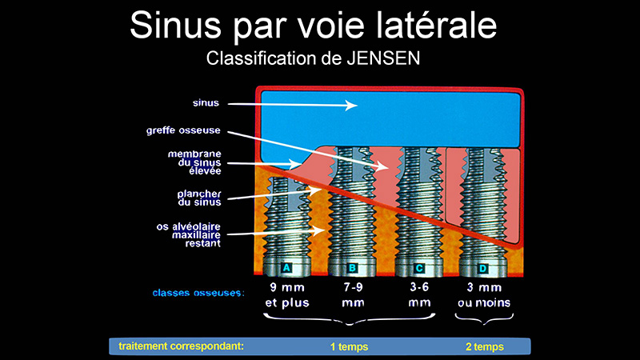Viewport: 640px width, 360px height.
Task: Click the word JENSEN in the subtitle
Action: tap(383, 58)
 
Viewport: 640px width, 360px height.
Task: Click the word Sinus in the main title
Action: tap(175, 26)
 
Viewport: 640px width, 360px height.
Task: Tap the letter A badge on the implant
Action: tap(286, 268)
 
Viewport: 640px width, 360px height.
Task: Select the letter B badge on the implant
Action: tap(352, 268)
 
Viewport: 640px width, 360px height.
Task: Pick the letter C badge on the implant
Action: tap(418, 268)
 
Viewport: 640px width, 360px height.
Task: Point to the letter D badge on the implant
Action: tap(483, 269)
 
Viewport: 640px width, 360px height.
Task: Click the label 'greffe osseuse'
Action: tap(183, 130)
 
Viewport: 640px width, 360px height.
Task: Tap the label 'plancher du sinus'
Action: tap(199, 198)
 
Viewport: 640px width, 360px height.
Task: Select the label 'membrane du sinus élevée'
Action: tap(194, 162)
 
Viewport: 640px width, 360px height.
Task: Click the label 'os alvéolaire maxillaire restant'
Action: tap(189, 235)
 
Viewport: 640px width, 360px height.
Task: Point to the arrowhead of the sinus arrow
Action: tap(351, 106)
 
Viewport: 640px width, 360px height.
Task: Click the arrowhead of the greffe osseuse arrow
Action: tap(382, 166)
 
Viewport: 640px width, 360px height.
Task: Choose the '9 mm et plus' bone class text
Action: tap(287, 295)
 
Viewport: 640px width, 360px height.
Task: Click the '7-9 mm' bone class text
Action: tap(353, 295)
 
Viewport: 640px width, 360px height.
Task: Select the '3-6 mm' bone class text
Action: tap(419, 295)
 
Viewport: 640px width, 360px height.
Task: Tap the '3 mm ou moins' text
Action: tap(484, 295)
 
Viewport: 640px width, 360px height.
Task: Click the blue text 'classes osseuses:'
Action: tap(198, 293)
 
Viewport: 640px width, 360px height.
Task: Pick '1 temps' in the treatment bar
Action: tap(349, 347)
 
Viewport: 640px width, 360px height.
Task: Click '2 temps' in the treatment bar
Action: tap(485, 347)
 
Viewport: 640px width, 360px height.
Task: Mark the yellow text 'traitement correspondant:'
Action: tap(182, 346)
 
